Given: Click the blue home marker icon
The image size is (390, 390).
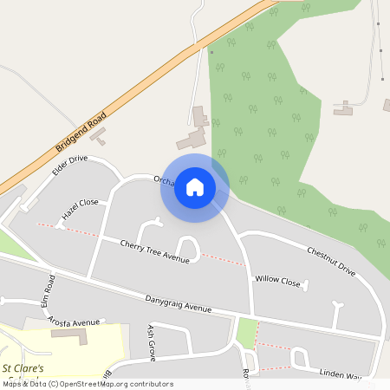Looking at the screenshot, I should point(195,187).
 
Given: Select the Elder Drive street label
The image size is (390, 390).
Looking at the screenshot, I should point(70,165).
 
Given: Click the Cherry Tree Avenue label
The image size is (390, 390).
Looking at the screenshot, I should point(154,251).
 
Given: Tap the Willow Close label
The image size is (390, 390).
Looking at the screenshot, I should point(277,281).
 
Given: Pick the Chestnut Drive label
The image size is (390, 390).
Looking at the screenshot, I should point(331,261).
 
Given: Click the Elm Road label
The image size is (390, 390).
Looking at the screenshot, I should point(50,289).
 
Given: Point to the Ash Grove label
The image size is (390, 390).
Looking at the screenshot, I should point(151,343).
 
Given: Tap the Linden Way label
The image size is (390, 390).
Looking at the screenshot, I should point(340,374).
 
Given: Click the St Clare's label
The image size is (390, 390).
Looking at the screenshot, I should point(23,355).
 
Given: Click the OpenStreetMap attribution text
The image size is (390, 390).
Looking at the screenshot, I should point(88,384).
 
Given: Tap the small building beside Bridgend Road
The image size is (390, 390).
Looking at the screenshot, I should point(98,136).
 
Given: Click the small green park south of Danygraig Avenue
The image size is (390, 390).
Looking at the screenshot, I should point(247,333).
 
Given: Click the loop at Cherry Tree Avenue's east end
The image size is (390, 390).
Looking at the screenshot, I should point(188,249).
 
